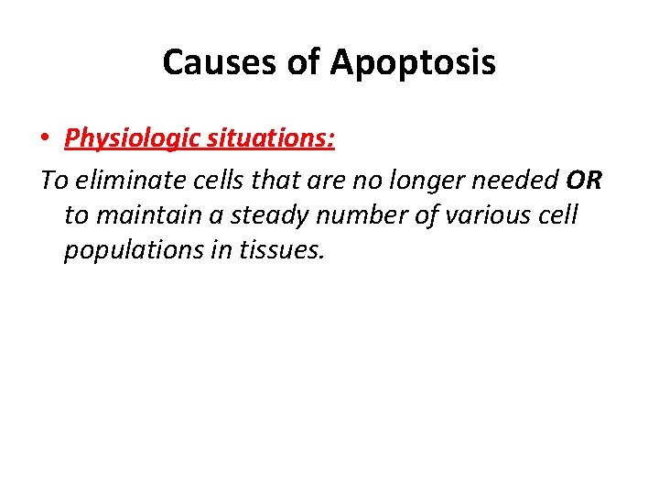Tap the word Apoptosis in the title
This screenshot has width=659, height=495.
coord(413,62)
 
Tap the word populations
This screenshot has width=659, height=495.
coord(121,250)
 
